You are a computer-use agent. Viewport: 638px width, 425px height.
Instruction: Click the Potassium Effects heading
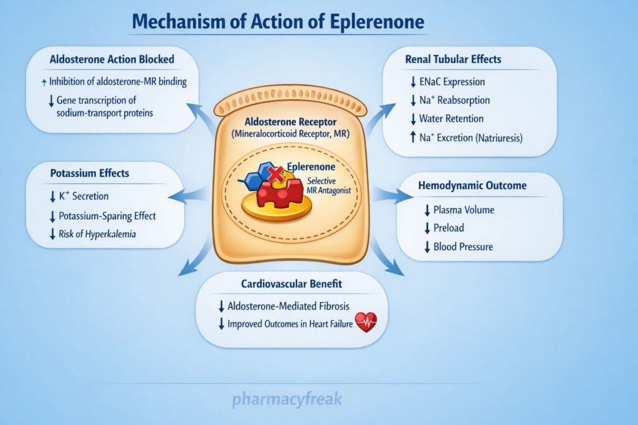[x=90, y=173]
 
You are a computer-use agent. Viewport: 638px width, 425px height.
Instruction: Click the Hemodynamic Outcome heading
[x=480, y=185]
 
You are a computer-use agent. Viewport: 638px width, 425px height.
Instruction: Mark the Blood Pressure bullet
[x=463, y=247]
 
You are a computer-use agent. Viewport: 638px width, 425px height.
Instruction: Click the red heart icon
[x=366, y=323]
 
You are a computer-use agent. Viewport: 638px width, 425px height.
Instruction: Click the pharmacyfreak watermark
[x=287, y=399]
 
